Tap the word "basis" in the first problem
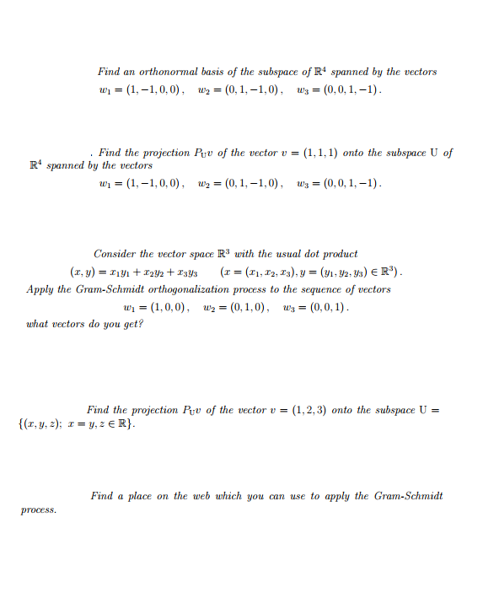pyautogui.click(x=206, y=72)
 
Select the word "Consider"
pyautogui.click(x=115, y=254)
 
